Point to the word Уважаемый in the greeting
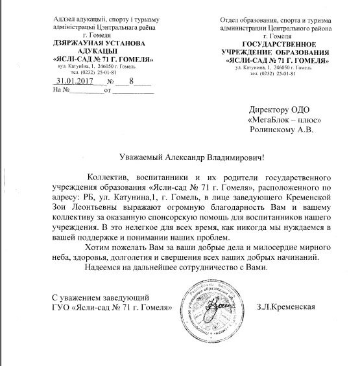145,157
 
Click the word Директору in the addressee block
269,109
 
